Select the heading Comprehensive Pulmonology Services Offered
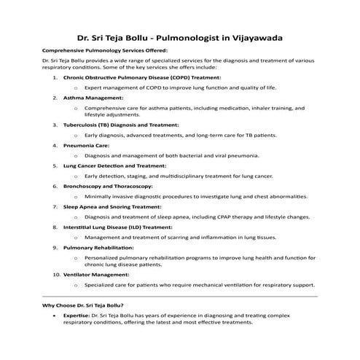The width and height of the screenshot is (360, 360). [x=105, y=50]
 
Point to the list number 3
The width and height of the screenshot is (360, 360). [x=55, y=125]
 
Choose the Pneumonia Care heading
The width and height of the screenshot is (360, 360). [x=86, y=145]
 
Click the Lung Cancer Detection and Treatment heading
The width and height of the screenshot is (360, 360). [x=115, y=165]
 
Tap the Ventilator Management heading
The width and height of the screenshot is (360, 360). [x=98, y=274]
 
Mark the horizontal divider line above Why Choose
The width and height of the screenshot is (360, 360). [x=180, y=296]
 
